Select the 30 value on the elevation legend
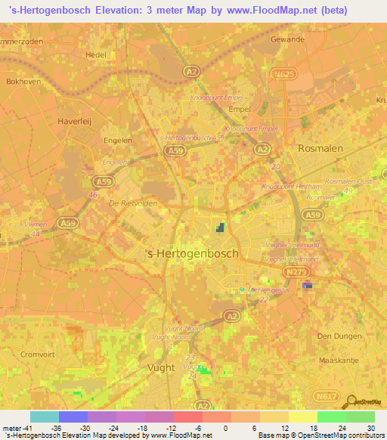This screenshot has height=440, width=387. tap(372, 428)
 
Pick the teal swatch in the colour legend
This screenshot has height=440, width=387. tap(44, 417)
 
